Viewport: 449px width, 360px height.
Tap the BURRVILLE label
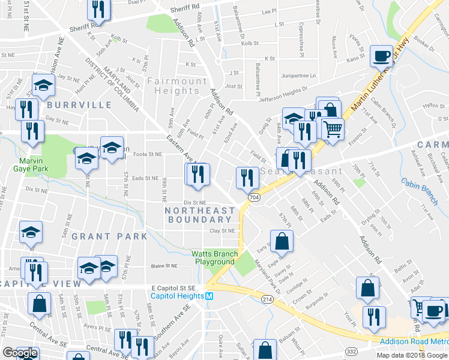coord(79,105)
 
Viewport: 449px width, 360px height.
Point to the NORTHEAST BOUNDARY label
coord(200,215)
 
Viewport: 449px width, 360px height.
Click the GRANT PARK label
coord(109,236)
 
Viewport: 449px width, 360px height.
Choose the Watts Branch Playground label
coord(212,257)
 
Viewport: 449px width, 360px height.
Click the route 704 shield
coord(253,197)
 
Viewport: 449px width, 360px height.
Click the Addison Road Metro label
coord(414,341)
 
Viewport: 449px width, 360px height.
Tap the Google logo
coord(19,353)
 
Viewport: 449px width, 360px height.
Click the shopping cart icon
coord(333,128)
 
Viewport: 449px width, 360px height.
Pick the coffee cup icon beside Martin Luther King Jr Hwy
coord(381,56)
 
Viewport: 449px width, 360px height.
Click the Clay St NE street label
coord(221,230)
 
